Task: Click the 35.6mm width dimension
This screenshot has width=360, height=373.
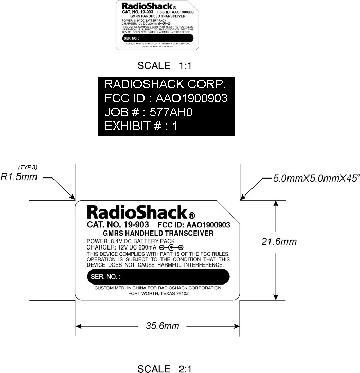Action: (163, 326)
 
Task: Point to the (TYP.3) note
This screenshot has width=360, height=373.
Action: (27, 167)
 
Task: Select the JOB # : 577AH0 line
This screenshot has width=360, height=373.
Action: (149, 112)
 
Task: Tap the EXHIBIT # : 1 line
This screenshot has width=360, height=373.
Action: (141, 126)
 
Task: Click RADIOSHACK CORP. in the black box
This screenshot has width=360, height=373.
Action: (166, 84)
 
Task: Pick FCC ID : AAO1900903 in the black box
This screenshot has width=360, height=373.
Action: (166, 98)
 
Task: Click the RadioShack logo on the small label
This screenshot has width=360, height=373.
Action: (147, 7)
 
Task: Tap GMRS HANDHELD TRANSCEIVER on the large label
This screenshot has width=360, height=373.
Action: (158, 233)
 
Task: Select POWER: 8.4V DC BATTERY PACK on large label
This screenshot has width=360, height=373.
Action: (131, 241)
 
